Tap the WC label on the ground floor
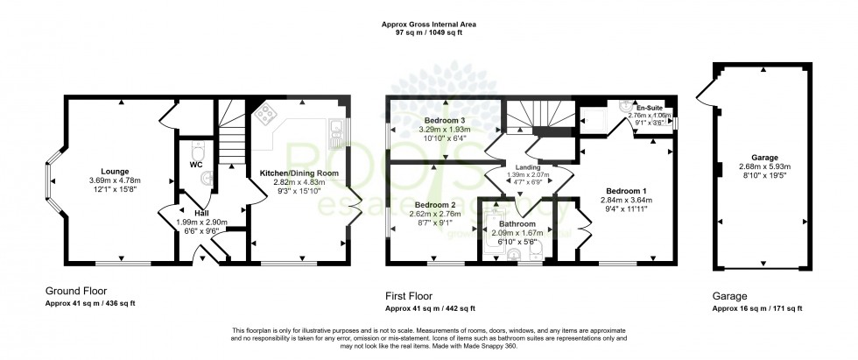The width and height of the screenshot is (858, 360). pyautogui.click(x=196, y=163)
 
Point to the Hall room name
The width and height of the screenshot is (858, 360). pyautogui.click(x=201, y=212)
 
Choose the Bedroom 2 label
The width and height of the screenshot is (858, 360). pyautogui.click(x=436, y=205)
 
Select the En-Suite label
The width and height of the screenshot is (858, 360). pyautogui.click(x=649, y=107)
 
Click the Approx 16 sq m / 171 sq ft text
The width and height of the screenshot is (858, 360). pyautogui.click(x=758, y=309)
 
